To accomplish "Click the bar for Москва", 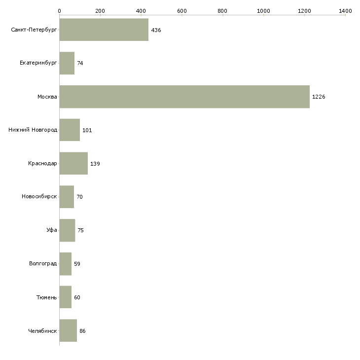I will [184, 97].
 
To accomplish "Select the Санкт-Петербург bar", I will [104, 30].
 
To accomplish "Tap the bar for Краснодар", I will [73, 163].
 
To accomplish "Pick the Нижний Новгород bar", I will [70, 130].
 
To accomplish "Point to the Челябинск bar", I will [68, 330].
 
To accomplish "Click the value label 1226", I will [319, 97].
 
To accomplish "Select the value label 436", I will [156, 30].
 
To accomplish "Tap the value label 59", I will [77, 264].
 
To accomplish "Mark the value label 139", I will [95, 164].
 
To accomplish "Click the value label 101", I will [87, 130].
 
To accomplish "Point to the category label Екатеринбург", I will [38, 63].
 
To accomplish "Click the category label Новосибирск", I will [39, 197].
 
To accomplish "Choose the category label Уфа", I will [52, 230].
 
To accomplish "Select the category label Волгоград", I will [43, 264].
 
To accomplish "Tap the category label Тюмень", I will [46, 297].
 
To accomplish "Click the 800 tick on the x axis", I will [222, 10].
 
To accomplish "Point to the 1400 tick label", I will [345, 10].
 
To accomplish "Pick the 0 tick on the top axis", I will [59, 10].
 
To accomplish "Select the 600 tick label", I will [181, 10].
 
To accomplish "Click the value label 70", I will [79, 197].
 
